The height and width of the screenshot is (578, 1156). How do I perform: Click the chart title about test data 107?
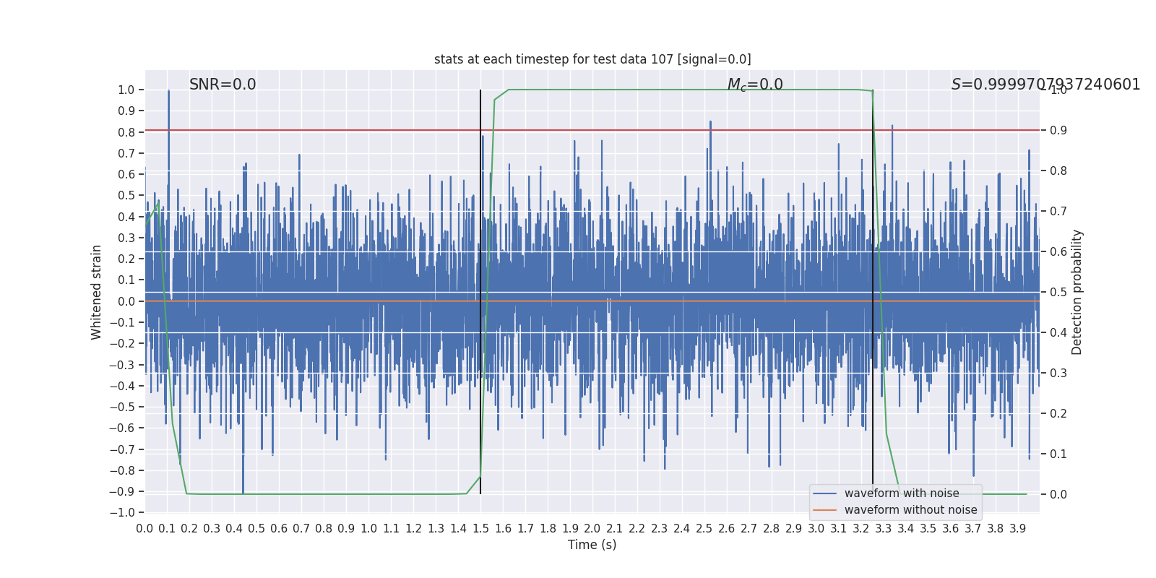click(592, 59)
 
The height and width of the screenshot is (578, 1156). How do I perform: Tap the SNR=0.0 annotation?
click(223, 85)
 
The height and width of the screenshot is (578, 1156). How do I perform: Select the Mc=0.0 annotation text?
click(755, 85)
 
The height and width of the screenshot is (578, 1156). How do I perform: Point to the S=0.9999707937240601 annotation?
click(1045, 85)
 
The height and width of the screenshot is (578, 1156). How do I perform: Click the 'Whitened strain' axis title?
click(97, 292)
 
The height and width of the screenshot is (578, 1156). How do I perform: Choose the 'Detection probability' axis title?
click(1077, 292)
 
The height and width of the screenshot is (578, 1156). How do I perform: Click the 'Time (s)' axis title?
click(592, 545)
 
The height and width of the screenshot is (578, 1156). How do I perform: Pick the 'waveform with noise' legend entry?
click(902, 493)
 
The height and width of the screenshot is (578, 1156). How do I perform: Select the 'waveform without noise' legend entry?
click(910, 510)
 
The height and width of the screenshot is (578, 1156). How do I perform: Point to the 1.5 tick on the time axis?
click(480, 529)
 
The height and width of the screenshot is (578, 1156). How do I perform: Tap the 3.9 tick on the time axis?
click(1017, 529)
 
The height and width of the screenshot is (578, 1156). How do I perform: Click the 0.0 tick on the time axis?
click(144, 529)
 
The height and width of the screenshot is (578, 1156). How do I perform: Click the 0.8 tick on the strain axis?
click(126, 132)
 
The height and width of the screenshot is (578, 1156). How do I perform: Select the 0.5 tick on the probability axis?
click(1058, 293)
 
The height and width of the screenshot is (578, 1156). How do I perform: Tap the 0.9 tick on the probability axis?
click(1058, 131)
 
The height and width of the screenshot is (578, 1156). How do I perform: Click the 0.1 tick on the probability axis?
click(1058, 454)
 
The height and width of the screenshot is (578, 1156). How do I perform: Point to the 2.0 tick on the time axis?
click(592, 529)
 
